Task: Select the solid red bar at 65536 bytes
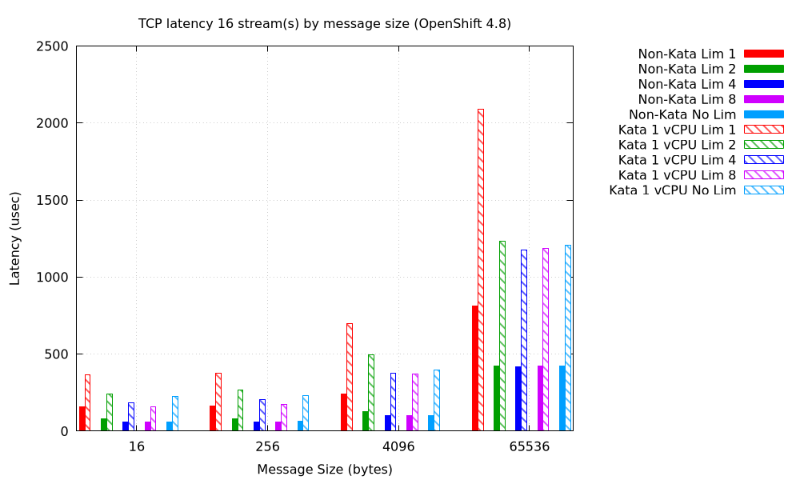(x=474, y=368)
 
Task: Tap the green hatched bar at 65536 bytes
(x=502, y=336)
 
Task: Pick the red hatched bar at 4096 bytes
(x=350, y=377)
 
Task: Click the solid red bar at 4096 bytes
(x=344, y=412)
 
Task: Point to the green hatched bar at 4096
(x=371, y=393)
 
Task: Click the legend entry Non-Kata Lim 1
(x=686, y=54)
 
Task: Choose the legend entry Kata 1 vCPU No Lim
(x=672, y=190)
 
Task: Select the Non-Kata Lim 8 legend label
(x=686, y=99)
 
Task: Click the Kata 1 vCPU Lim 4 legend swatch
(x=763, y=160)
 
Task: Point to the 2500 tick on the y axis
(x=51, y=46)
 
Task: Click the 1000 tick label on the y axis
(x=51, y=278)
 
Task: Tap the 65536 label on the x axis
(x=530, y=446)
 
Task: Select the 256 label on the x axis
(x=267, y=446)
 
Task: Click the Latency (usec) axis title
(x=15, y=238)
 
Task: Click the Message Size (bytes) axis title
(x=324, y=470)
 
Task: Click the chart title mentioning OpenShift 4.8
(x=324, y=24)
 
